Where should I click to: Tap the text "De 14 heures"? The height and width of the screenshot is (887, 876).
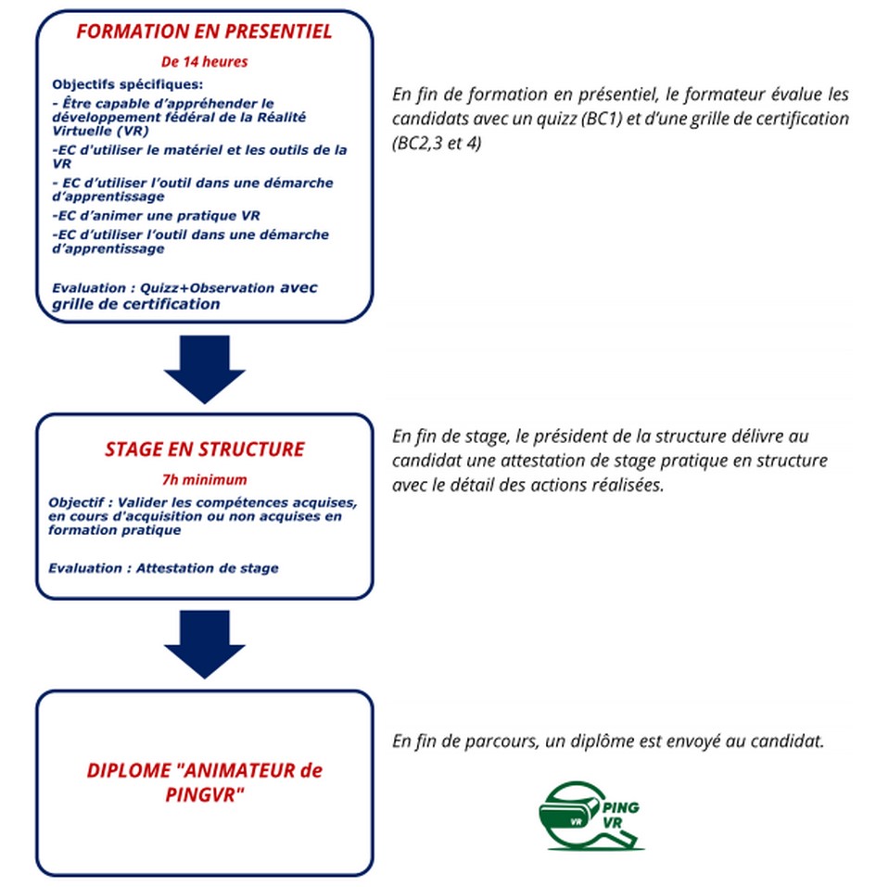204,62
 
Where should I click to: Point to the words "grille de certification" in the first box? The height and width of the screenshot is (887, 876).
136,304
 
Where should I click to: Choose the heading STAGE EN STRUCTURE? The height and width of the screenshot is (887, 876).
204,450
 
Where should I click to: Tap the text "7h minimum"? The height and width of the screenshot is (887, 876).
204,480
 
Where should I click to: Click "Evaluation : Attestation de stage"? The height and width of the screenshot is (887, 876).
163,568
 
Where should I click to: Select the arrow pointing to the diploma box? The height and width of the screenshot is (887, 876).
204,641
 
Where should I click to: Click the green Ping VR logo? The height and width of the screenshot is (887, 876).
590,815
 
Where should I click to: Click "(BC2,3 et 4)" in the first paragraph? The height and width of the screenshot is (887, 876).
437,146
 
